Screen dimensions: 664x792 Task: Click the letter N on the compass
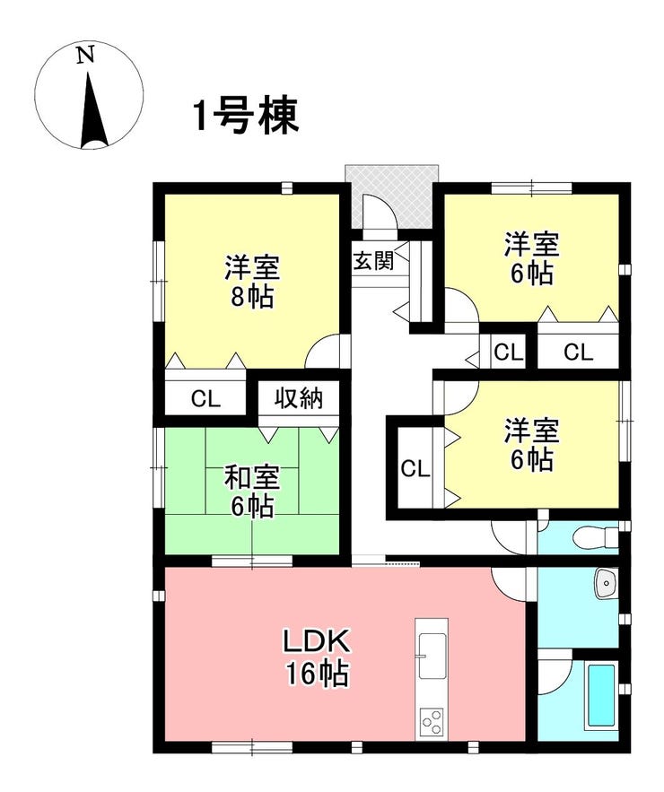(86, 55)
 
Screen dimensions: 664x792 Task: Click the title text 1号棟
(247, 117)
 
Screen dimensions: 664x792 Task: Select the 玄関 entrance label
(373, 261)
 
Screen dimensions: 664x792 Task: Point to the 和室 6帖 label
(252, 492)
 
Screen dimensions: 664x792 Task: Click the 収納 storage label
(299, 398)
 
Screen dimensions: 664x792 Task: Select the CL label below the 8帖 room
(205, 399)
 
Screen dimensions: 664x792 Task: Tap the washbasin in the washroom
(606, 584)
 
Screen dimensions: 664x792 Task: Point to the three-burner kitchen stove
(431, 722)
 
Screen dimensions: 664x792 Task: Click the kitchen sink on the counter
(432, 656)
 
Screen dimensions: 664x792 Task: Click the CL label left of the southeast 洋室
(415, 469)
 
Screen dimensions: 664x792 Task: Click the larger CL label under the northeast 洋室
(578, 352)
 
